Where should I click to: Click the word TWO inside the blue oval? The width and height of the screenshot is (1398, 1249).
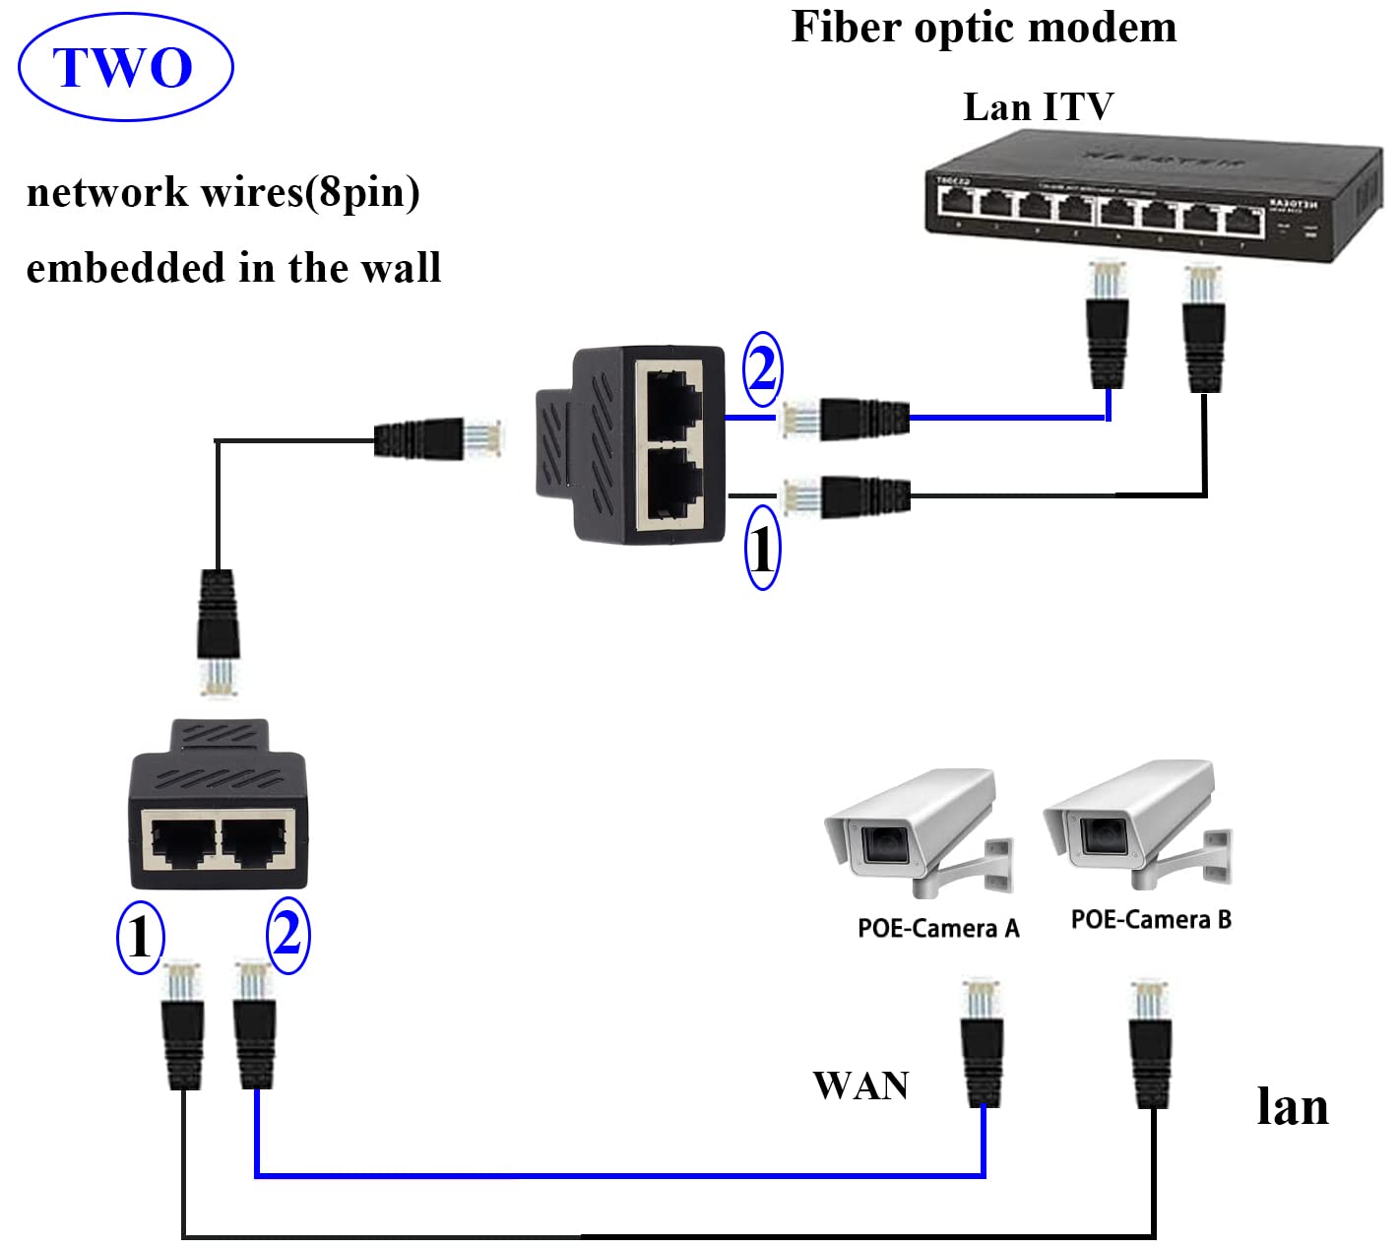coord(124,68)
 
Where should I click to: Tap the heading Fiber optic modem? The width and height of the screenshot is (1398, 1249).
coord(984,28)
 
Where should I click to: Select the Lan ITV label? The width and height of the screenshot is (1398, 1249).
coord(1038,106)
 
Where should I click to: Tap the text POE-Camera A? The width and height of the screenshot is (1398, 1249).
coord(938,928)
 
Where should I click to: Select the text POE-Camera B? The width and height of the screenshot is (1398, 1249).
coord(1151,919)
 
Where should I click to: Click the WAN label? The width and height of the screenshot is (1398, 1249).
coord(860,1085)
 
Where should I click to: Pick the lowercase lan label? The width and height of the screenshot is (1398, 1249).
coord(1292,1106)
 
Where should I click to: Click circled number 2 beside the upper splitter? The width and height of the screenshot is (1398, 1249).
coord(762,369)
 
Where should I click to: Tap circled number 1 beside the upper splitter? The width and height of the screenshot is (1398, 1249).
coord(762,548)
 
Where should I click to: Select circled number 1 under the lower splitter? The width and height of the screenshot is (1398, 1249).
coord(140,937)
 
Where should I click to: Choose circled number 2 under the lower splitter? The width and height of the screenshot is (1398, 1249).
coord(287,933)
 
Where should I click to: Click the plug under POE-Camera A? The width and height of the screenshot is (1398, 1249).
coord(982,1044)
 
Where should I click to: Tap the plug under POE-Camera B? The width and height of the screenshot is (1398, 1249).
coord(1150,1044)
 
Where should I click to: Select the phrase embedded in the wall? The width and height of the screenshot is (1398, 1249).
coord(233,268)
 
